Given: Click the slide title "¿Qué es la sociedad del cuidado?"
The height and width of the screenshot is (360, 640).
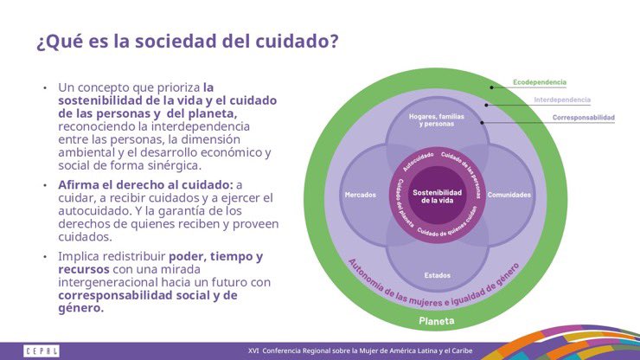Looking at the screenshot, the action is [x=187, y=42].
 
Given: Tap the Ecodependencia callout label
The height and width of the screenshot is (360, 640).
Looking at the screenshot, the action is [x=540, y=82].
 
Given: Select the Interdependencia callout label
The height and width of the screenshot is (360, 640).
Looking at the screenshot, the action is [x=563, y=100].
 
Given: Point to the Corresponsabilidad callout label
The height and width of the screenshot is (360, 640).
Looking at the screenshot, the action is [x=584, y=117].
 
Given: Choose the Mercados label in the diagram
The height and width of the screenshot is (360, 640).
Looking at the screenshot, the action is [x=360, y=195].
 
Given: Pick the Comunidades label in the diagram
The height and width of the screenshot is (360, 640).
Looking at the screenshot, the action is [x=509, y=195].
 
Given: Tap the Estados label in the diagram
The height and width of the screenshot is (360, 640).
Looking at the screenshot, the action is [x=437, y=275].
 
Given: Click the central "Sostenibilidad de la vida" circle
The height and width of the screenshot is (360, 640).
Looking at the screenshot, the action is [x=437, y=196].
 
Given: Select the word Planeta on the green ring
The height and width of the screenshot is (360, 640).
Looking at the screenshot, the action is [x=437, y=320].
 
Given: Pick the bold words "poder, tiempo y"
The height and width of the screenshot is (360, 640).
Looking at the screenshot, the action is [x=215, y=256].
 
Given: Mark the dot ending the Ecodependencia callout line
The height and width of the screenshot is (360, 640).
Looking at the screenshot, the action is [x=491, y=87].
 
